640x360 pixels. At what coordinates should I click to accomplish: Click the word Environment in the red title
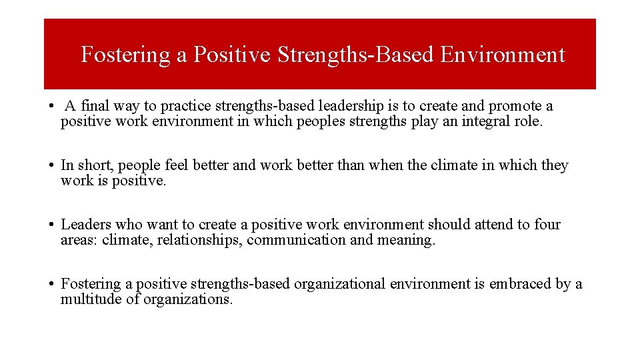point(503,55)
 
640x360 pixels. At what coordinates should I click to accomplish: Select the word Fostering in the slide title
point(125,55)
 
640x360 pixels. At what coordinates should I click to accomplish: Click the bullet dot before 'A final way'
point(51,107)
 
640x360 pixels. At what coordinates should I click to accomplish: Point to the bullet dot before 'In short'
point(51,166)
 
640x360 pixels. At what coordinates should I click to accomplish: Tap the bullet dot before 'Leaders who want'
point(51,225)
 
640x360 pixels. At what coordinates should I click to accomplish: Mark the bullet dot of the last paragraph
point(51,285)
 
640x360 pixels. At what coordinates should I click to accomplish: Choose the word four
point(547,225)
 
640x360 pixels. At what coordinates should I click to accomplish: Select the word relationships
point(199,241)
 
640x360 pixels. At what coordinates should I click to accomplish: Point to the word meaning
point(405,241)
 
